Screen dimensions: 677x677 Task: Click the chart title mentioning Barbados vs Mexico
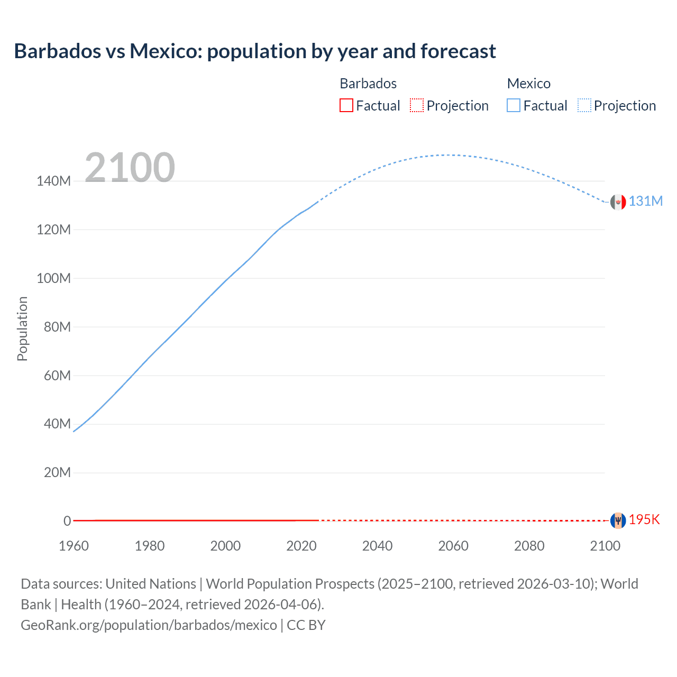[254, 51]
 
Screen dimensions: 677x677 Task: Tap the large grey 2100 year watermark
[130, 168]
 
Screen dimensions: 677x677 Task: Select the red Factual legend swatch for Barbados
[346, 105]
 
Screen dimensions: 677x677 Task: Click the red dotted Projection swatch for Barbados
[417, 105]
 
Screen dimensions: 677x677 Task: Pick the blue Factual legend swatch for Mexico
[514, 105]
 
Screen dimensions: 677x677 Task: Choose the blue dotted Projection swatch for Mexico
[584, 105]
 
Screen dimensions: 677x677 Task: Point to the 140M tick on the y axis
[53, 181]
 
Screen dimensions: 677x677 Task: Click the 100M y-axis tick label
[53, 278]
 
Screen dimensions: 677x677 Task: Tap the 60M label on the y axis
[57, 376]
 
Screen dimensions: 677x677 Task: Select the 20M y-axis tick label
[57, 472]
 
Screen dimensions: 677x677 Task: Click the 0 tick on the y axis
[67, 521]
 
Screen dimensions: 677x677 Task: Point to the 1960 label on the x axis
[74, 546]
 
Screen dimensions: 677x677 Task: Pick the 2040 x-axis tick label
[377, 546]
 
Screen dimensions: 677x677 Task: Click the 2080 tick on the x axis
[529, 546]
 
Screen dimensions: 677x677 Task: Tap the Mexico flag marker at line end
[618, 202]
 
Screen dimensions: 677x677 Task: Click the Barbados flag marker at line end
[618, 520]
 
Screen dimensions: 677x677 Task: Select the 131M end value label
[645, 201]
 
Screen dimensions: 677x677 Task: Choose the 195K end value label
[644, 519]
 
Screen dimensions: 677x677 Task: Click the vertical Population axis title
[22, 328]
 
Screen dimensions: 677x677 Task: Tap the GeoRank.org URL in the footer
[149, 625]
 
